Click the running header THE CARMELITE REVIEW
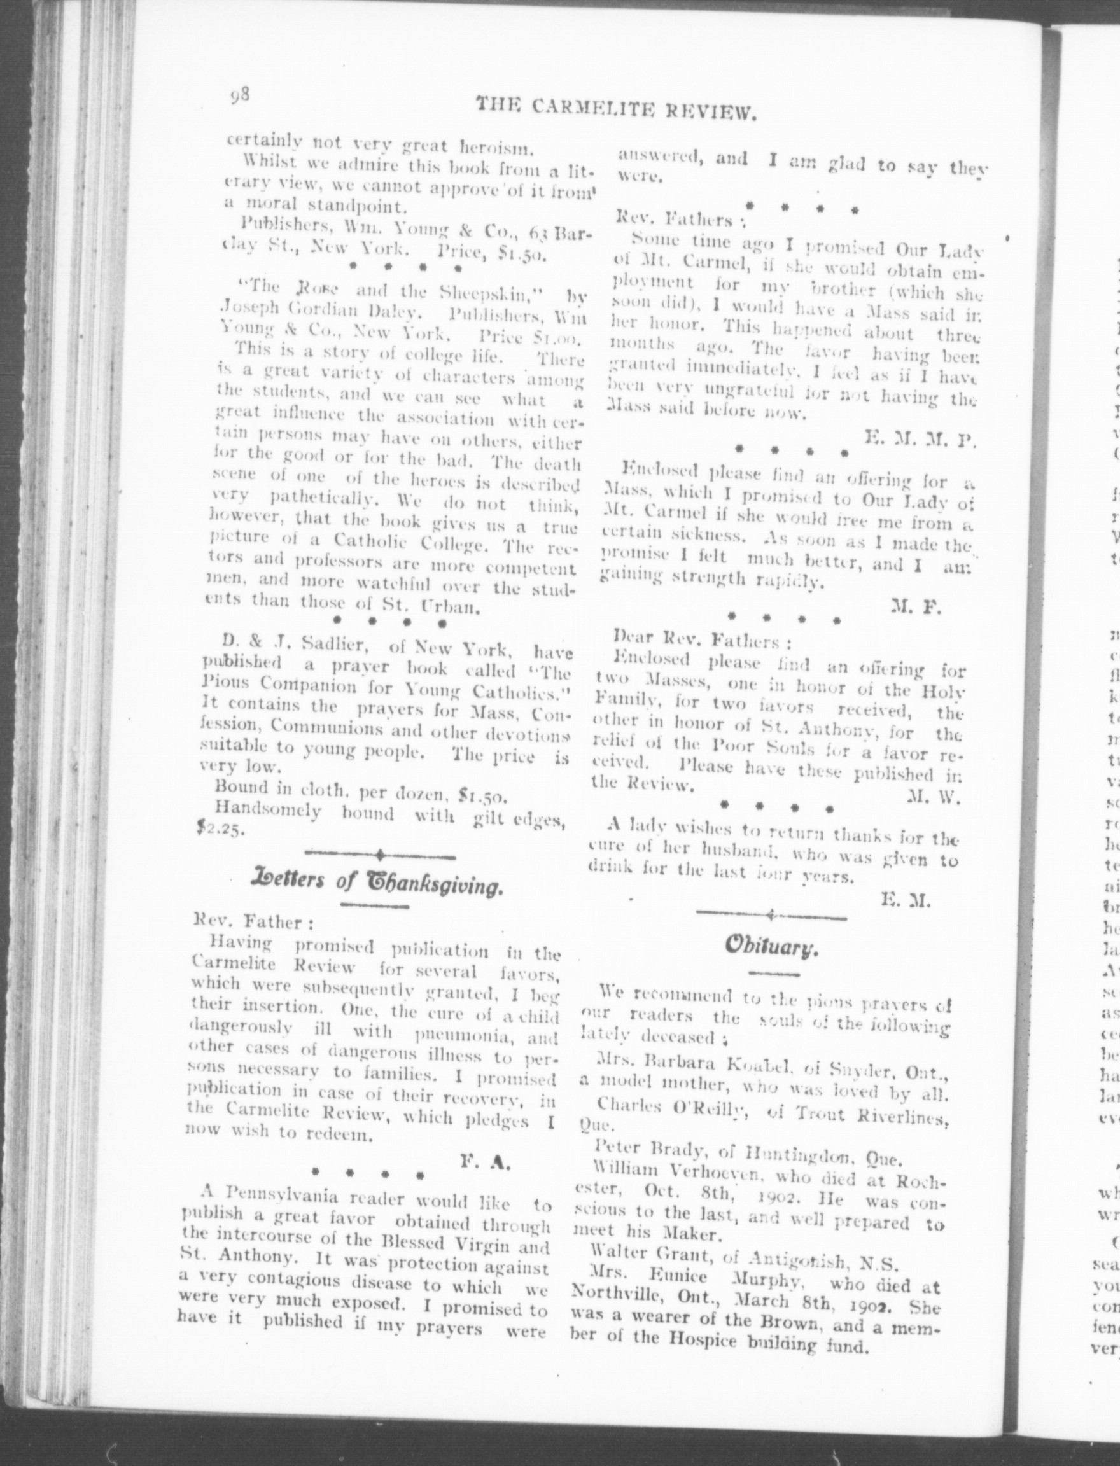pos(615,108)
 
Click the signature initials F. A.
pos(485,1162)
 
